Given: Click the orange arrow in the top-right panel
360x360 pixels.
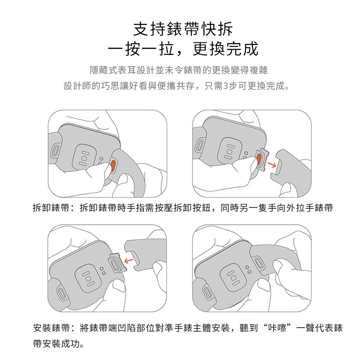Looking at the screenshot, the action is (x=272, y=165).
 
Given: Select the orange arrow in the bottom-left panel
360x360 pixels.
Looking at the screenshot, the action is (x=129, y=261).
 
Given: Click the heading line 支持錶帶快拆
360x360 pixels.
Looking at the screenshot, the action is (x=183, y=29).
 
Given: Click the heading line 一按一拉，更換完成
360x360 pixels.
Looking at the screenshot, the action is (x=183, y=49).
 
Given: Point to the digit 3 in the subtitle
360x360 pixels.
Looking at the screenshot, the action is (x=226, y=86).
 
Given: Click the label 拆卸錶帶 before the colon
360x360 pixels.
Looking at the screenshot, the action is (x=51, y=208).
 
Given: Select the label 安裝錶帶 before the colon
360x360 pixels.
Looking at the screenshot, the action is (x=51, y=328).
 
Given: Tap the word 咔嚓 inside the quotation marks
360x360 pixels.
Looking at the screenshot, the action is (x=277, y=328).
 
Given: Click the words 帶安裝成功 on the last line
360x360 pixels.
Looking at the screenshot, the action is (x=56, y=344).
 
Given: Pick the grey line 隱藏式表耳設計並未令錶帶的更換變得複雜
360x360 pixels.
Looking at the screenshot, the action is (x=179, y=70).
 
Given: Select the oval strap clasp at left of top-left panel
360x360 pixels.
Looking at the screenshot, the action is (x=55, y=150).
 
